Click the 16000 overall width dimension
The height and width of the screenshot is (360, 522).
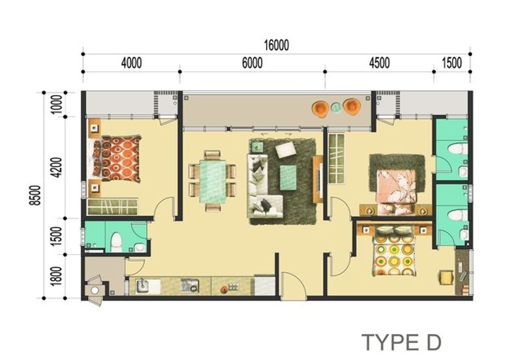click(276, 46)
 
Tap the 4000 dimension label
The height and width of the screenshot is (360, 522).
click(130, 63)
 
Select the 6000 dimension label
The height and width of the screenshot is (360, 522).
click(252, 63)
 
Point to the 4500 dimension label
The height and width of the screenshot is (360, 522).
click(379, 63)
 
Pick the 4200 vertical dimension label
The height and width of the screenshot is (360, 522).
click(57, 167)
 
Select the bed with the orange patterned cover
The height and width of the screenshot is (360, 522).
click(117, 158)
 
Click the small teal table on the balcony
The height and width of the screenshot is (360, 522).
click(336, 108)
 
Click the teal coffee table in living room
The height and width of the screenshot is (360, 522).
click(288, 174)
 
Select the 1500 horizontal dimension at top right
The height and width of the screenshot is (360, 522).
click(452, 63)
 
